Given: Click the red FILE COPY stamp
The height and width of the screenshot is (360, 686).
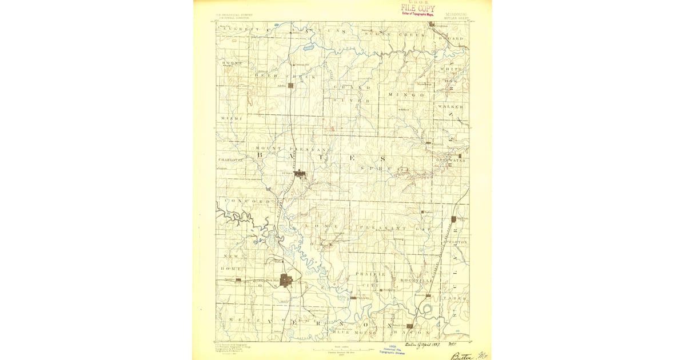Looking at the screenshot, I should pyautogui.click(x=417, y=8).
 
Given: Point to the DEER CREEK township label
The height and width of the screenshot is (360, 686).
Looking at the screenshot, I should pyautogui.click(x=273, y=75).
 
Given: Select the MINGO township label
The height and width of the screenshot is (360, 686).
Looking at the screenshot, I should pyautogui.click(x=406, y=95).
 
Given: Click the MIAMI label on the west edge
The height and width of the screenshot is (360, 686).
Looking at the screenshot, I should pyautogui.click(x=232, y=118).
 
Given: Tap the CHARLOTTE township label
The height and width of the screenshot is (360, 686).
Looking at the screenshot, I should pyautogui.click(x=231, y=160).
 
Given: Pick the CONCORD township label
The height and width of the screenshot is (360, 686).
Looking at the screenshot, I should pyautogui.click(x=247, y=202).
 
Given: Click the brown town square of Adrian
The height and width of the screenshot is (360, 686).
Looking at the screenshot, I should pyautogui.click(x=290, y=86).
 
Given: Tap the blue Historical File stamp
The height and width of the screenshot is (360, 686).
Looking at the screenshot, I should pyautogui.click(x=393, y=350).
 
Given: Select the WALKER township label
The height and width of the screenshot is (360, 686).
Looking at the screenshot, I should pyautogui.click(x=450, y=107).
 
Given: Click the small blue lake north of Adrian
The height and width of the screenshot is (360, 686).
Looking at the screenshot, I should pyautogui.click(x=309, y=49).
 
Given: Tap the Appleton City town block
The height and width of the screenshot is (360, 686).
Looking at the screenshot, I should pyautogui.click(x=454, y=219).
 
